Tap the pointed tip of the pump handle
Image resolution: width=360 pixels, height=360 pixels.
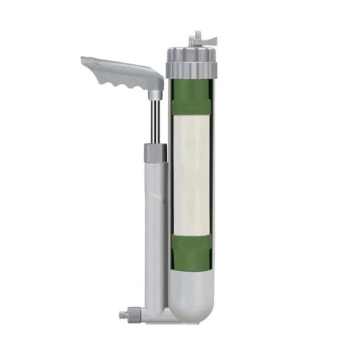[x=84, y=60]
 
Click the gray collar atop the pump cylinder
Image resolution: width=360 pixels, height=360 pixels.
[x=155, y=152]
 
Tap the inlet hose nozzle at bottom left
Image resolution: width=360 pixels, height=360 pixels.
[x=123, y=315]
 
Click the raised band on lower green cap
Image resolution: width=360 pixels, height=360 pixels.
[x=191, y=240]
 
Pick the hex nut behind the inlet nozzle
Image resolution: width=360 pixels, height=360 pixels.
[x=135, y=314]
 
